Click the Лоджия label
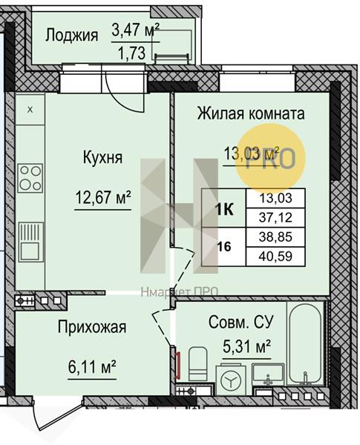tap(71, 36)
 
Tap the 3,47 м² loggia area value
tap(136, 30)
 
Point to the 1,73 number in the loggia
tap(132, 53)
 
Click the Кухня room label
tap(102, 157)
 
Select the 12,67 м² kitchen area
tap(103, 197)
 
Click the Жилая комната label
tap(251, 113)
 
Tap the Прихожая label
tap(92, 328)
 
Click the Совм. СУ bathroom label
tap(241, 322)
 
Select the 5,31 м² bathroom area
tap(246, 346)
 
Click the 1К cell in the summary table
tap(224, 210)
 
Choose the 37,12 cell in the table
tap(275, 217)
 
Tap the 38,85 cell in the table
tap(275, 237)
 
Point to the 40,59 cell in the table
tap(275, 257)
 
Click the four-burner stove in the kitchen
tap(30, 178)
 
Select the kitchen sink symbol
tap(31, 242)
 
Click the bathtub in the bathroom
tap(305, 344)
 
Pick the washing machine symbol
tap(230, 379)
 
